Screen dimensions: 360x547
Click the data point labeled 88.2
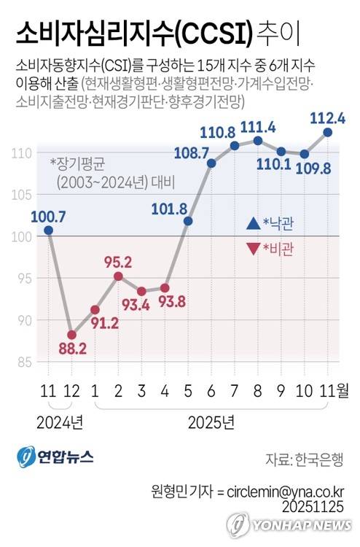pyautogui.click(x=72, y=335)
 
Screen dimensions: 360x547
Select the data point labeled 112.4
pyautogui.click(x=328, y=132)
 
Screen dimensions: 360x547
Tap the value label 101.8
pyautogui.click(x=169, y=209)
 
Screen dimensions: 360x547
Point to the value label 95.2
pyautogui.click(x=118, y=263)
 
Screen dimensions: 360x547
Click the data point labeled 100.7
pyautogui.click(x=49, y=230)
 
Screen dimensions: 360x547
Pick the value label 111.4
pyautogui.click(x=258, y=127)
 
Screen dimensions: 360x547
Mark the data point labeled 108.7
pyautogui.click(x=211, y=163)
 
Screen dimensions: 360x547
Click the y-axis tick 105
pyautogui.click(x=22, y=195)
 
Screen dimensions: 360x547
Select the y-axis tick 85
pyautogui.click(x=25, y=362)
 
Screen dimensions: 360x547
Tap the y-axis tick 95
pyautogui.click(x=25, y=279)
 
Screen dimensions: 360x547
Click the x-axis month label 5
pyautogui.click(x=188, y=391)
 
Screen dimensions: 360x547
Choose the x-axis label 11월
pyautogui.click(x=334, y=391)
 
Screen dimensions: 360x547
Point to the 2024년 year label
pyautogui.click(x=60, y=423)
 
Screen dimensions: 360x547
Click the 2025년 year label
pyautogui.click(x=211, y=423)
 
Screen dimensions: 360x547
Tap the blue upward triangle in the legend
pyautogui.click(x=254, y=223)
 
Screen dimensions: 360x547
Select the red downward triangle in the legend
pyautogui.click(x=254, y=249)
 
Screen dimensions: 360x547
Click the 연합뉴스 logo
pyautogui.click(x=55, y=457)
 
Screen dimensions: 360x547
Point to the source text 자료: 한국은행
pyautogui.click(x=305, y=459)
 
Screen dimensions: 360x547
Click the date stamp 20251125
pyautogui.click(x=313, y=507)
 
